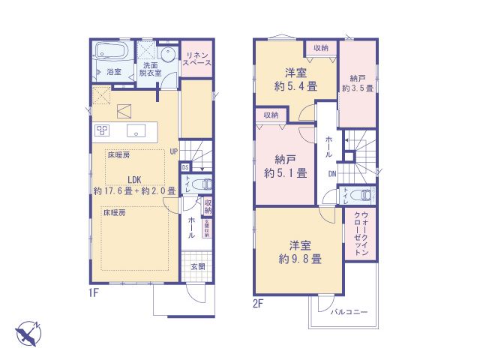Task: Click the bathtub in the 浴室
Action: (x=113, y=54)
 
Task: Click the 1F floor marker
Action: (x=94, y=292)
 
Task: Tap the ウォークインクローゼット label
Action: (x=361, y=235)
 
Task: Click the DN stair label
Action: (x=331, y=175)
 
